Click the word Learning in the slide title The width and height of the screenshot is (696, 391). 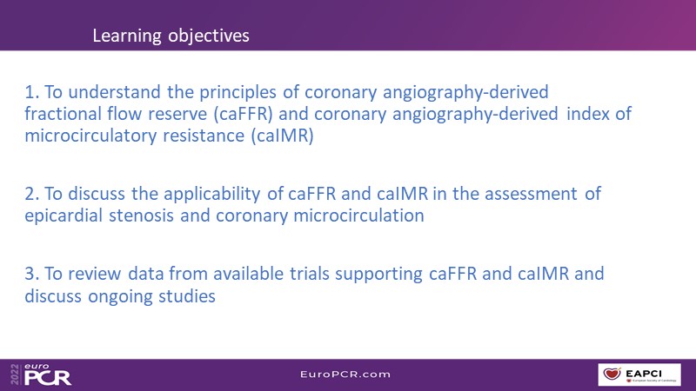(x=126, y=36)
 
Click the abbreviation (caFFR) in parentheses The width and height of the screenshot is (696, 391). (x=243, y=115)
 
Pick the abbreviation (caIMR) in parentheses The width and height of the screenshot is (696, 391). (x=282, y=136)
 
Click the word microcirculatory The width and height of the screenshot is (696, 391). (x=90, y=136)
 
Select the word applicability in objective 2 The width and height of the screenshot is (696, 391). (x=212, y=195)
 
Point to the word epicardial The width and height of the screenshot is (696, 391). (x=64, y=215)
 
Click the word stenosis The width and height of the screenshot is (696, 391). (x=141, y=215)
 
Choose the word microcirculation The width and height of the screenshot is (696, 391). (x=358, y=215)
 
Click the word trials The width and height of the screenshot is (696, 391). (x=310, y=274)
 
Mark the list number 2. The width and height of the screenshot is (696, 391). (x=32, y=194)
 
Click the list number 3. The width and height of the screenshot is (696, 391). (x=32, y=274)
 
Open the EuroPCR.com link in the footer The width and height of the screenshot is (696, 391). (x=345, y=374)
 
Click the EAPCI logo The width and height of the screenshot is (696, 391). (x=639, y=374)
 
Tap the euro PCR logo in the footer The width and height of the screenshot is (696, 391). (x=41, y=374)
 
